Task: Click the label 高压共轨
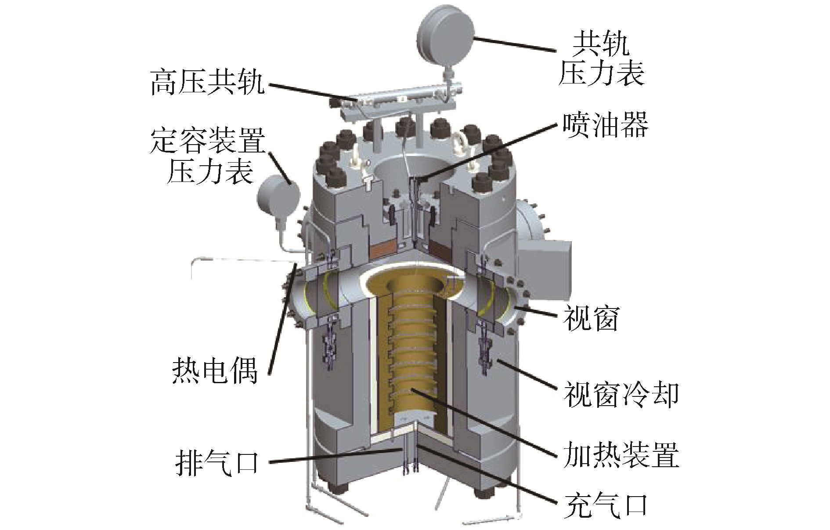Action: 208,82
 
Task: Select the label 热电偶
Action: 215,369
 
